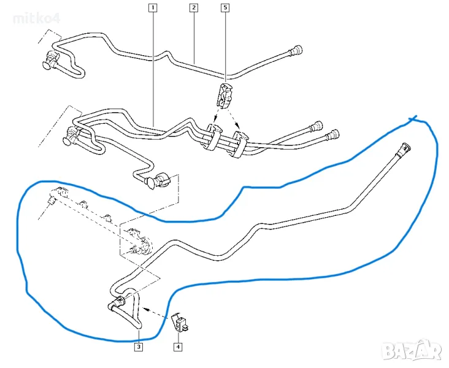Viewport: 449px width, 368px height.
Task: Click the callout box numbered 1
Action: [152, 9]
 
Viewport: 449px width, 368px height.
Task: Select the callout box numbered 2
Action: [194, 9]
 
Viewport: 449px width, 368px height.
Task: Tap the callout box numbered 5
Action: [224, 9]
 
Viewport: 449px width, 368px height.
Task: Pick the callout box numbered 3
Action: [139, 347]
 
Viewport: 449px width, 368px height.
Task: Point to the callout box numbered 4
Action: [178, 347]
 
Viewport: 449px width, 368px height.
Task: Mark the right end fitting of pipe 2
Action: [295, 50]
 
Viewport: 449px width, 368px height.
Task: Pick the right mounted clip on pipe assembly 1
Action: [238, 142]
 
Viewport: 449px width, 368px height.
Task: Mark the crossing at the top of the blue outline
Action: [415, 118]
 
